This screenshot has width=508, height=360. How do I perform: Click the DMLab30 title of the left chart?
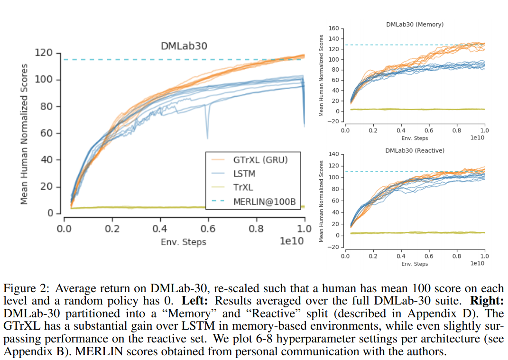pos(184,46)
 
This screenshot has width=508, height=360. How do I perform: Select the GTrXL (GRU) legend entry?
pos(260,160)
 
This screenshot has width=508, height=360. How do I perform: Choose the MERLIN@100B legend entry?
pos(264,202)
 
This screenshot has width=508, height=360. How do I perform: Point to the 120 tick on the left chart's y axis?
pos(44,53)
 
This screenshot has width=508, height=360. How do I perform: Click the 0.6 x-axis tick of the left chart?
pos(207,229)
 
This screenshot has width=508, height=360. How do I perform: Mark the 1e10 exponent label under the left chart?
pos(292,241)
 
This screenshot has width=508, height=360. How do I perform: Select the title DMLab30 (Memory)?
pos(415,24)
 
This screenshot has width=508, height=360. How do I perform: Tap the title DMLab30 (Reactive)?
pos(415,150)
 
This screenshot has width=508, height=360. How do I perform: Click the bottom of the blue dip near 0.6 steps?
pos(207,138)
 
